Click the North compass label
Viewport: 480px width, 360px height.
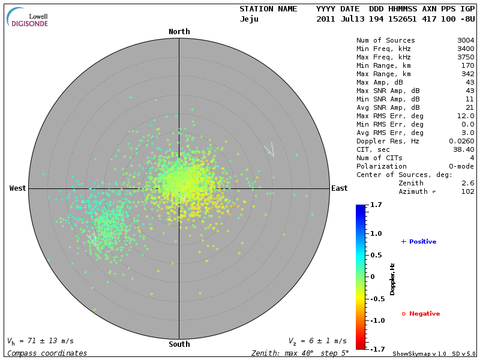click(x=179, y=32)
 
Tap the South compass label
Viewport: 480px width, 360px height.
click(x=179, y=344)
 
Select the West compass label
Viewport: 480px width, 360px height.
click(x=18, y=188)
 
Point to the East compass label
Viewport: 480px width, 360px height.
click(x=339, y=188)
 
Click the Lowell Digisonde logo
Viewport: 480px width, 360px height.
click(x=28, y=17)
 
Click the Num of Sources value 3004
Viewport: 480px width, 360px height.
click(x=466, y=41)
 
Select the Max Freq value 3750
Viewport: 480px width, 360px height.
click(x=466, y=58)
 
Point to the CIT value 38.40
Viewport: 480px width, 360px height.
click(x=464, y=149)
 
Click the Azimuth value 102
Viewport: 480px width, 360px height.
click(x=467, y=191)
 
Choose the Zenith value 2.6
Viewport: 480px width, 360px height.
click(x=467, y=183)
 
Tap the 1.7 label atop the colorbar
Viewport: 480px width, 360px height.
click(x=377, y=205)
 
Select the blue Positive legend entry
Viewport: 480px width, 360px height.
click(x=419, y=242)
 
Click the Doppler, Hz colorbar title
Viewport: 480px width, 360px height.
click(x=392, y=279)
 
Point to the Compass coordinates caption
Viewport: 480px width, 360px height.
click(x=47, y=353)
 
